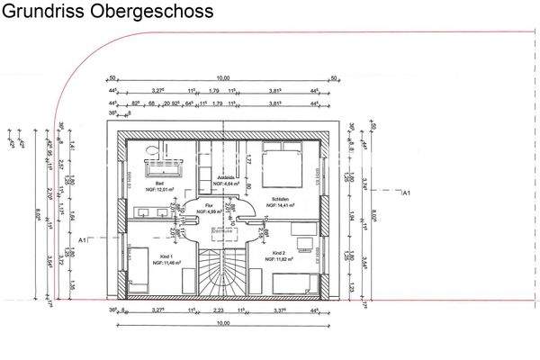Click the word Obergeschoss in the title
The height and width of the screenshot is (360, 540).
pos(157,13)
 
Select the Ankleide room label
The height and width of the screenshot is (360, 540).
pos(227,180)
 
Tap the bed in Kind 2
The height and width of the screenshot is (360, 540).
pos(292,283)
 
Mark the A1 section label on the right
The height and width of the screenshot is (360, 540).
pos(406,193)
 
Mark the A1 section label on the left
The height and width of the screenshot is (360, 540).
pos(83,239)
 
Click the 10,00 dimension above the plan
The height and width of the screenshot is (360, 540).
pos(222,77)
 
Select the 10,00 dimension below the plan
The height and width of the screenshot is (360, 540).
pos(221,322)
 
